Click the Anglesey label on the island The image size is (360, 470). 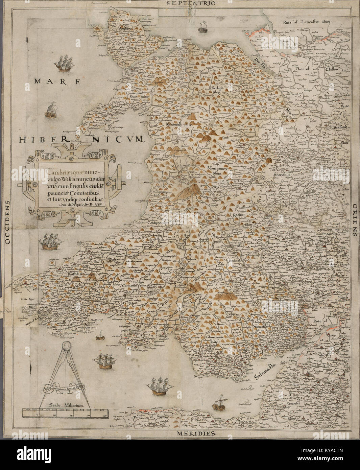[x=124, y=29]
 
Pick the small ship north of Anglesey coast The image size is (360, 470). [x=203, y=27]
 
